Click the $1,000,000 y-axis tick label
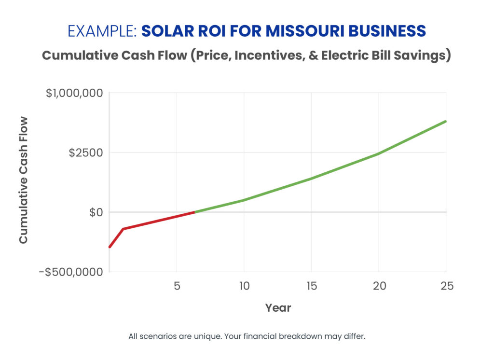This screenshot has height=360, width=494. tap(74, 93)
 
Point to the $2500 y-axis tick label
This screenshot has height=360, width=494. tap(85, 152)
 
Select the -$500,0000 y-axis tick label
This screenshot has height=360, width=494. tap(70, 272)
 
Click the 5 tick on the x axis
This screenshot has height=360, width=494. tap(177, 286)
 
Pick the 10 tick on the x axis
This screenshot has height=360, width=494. tap(244, 286)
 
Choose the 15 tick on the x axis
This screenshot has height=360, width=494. tap(311, 286)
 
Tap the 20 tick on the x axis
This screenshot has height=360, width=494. tap(379, 286)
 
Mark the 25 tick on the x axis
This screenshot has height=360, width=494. tap(446, 286)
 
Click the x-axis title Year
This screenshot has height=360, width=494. tap(278, 307)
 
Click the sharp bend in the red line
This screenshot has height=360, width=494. tap(123, 229)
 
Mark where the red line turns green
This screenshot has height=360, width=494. tap(194, 212)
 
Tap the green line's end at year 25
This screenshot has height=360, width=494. tap(446, 121)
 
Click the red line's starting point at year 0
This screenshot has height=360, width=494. tap(110, 247)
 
